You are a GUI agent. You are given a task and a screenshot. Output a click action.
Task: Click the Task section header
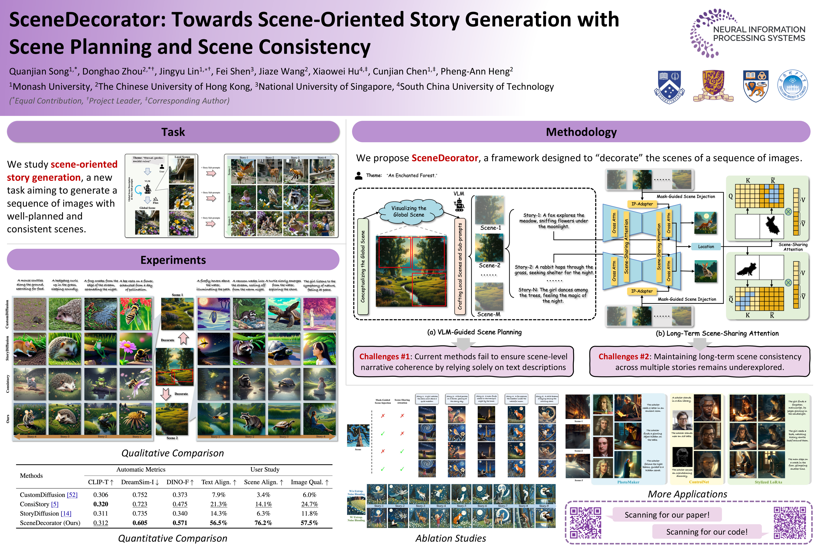pos(173,132)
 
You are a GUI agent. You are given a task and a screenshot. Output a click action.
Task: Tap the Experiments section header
pos(173,260)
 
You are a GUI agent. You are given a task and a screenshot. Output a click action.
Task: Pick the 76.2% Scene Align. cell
pos(263,523)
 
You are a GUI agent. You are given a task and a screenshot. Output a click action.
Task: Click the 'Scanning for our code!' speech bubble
pos(707,532)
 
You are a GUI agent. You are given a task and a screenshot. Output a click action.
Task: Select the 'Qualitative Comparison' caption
pos(172,453)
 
